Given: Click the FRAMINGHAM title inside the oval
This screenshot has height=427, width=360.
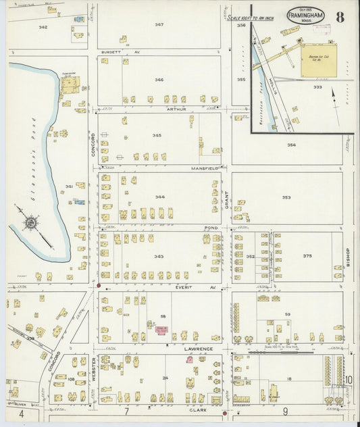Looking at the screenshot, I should click(x=305, y=15).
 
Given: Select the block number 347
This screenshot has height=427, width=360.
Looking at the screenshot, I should click(x=159, y=24).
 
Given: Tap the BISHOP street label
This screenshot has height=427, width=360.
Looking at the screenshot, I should click(x=349, y=256).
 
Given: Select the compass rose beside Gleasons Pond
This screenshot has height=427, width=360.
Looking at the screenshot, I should click(x=32, y=222).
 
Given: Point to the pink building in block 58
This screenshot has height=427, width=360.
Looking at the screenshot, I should click(x=163, y=330).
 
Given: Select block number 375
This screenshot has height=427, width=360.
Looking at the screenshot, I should click(x=307, y=256).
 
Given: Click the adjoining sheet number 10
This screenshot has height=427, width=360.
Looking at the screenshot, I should click(x=349, y=380).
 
